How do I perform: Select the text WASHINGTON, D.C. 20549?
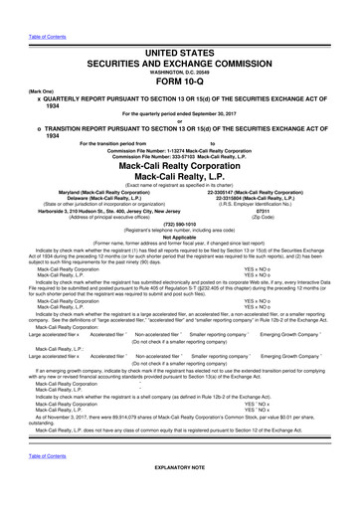pos(179,44)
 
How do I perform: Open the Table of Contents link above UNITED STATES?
pos(26,4)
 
